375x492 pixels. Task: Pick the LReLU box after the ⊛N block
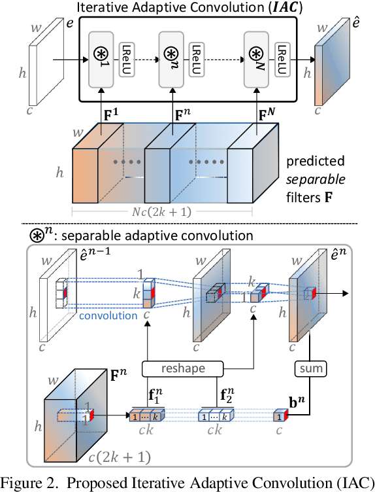click(282, 58)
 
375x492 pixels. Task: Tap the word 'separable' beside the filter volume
click(318, 177)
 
